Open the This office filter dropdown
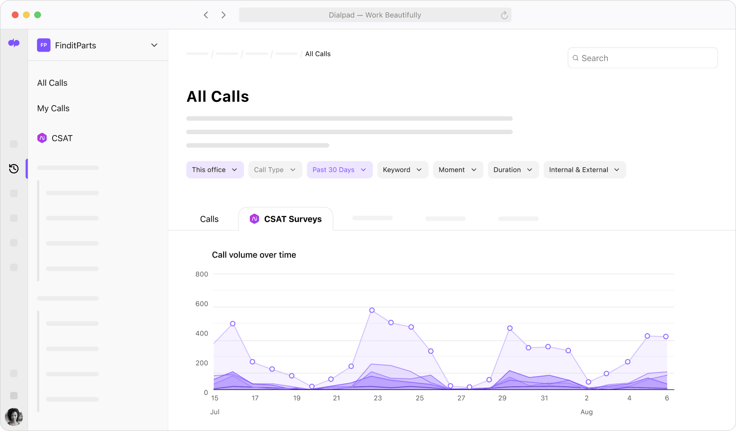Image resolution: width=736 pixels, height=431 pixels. tap(215, 170)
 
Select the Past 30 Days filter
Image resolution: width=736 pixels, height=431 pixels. tap(339, 170)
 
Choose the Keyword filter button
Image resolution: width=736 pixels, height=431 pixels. tap(402, 170)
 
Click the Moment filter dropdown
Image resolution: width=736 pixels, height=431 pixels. tap(457, 170)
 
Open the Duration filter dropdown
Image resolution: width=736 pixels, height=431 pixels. tap(513, 170)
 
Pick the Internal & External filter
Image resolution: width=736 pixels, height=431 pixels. tap(584, 170)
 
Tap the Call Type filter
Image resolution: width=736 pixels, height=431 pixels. tap(275, 170)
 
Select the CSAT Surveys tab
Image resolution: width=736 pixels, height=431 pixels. tap(286, 219)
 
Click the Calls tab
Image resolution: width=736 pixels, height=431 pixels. tap(209, 219)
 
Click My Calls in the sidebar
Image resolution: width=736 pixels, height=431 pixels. tap(53, 108)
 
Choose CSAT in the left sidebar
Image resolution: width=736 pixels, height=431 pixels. tap(62, 138)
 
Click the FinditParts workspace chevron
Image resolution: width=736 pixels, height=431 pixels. tap(154, 45)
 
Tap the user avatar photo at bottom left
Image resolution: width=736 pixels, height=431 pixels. tap(14, 417)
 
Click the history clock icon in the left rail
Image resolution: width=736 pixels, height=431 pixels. tap(14, 169)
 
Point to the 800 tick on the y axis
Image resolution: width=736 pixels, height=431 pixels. tap(202, 274)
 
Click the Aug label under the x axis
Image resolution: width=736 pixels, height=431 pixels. tap(586, 412)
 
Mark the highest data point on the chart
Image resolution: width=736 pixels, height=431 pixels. tap(372, 310)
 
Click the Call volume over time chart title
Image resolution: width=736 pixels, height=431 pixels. tap(254, 255)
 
